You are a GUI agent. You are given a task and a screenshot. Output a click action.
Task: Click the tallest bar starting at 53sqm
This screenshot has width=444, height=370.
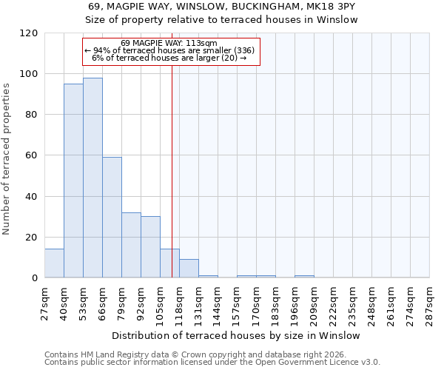(92, 178)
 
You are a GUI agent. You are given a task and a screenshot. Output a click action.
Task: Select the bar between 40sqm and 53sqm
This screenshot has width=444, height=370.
(73, 181)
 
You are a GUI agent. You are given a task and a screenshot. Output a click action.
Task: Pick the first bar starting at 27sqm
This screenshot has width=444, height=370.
(54, 263)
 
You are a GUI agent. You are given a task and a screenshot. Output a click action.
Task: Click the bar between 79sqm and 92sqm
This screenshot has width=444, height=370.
(131, 245)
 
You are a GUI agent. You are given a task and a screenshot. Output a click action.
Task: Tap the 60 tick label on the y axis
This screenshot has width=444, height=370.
(31, 155)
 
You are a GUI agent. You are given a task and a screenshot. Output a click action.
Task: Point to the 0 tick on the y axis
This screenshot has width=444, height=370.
(34, 278)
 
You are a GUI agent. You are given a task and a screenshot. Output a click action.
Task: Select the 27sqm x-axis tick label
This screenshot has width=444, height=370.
(44, 303)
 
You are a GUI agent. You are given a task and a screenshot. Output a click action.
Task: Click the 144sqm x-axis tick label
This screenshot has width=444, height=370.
(218, 303)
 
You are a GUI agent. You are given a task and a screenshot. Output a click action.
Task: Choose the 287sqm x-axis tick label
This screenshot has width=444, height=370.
(429, 303)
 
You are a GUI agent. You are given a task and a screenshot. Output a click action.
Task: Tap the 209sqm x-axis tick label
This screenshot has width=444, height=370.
(314, 303)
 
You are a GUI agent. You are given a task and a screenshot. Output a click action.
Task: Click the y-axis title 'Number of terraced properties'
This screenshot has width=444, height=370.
(7, 159)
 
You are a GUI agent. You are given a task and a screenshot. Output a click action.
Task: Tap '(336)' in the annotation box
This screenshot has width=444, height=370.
(243, 50)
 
